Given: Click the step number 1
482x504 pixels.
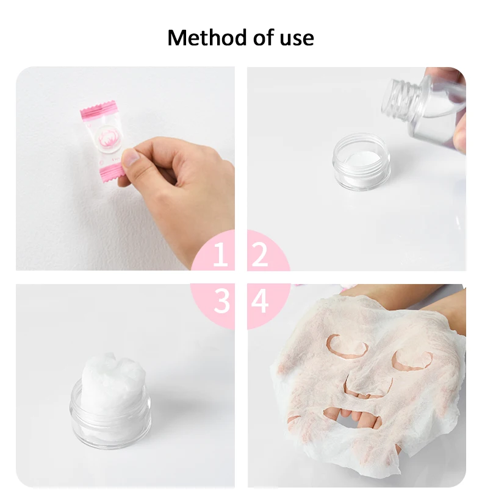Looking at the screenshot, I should pos(220,255).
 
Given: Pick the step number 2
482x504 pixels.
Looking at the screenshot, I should pos(260,255).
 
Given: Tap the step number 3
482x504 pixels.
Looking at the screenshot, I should pos(221,301).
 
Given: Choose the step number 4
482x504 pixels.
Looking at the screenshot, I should pos(260,301).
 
